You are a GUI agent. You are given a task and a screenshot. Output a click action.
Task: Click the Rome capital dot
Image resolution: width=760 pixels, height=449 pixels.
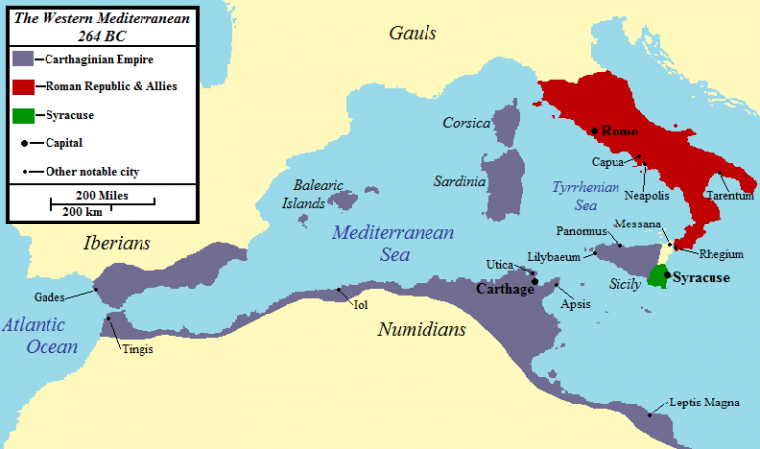[594, 131]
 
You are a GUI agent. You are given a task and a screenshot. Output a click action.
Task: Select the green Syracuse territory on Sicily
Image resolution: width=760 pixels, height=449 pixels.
[655, 277]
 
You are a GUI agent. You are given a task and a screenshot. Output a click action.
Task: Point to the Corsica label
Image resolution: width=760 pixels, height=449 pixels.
[467, 123]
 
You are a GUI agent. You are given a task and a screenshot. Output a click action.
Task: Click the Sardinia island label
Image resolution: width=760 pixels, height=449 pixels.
[460, 182]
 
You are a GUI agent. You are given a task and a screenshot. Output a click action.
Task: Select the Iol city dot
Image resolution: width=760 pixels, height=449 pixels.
[341, 290]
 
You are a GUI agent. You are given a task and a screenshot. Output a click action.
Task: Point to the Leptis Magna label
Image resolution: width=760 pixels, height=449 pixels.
[704, 403]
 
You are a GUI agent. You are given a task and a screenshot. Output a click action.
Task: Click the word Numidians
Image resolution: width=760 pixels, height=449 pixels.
[421, 329]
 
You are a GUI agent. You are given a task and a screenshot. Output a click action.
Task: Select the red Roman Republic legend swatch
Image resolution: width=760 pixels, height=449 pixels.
[24, 87]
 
